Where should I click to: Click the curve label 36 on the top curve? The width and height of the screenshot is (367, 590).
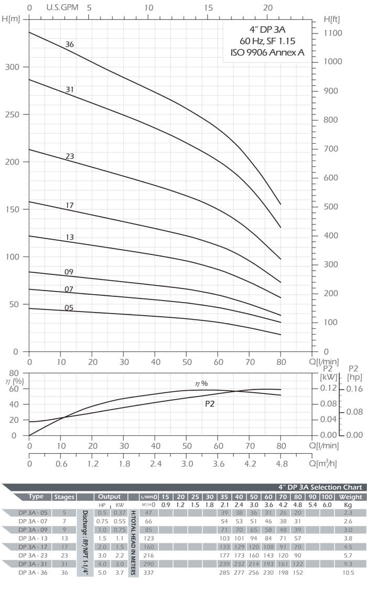70,45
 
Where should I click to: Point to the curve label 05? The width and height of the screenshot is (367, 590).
69,308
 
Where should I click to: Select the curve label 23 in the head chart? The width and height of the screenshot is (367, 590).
70,156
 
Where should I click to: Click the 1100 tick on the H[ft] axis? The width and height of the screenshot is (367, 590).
333,33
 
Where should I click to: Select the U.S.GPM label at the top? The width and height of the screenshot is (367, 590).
60,7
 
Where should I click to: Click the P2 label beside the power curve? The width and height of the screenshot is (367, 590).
210,404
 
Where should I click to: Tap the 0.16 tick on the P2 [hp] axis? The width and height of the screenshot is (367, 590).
354,388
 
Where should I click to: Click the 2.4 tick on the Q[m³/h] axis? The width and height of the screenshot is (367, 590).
155,464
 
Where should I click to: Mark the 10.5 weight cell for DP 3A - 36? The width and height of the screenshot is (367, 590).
347,573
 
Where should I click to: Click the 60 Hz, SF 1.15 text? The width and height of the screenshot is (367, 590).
267,40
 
